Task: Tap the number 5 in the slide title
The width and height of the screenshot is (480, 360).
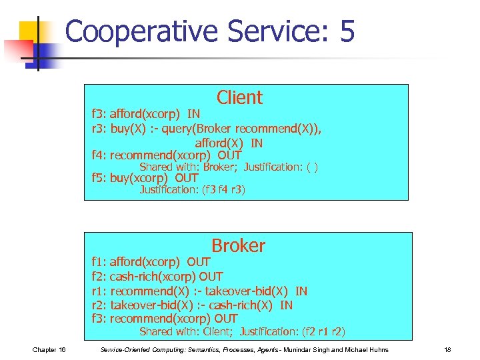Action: tap(346, 32)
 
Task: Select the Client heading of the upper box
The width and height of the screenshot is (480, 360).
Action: tap(239, 97)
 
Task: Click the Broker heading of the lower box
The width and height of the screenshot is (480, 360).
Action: tap(238, 245)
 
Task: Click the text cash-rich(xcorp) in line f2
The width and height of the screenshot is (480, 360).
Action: tap(153, 277)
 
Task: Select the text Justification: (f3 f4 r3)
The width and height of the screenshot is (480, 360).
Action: tap(192, 190)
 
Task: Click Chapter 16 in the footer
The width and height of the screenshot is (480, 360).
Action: tap(48, 350)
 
